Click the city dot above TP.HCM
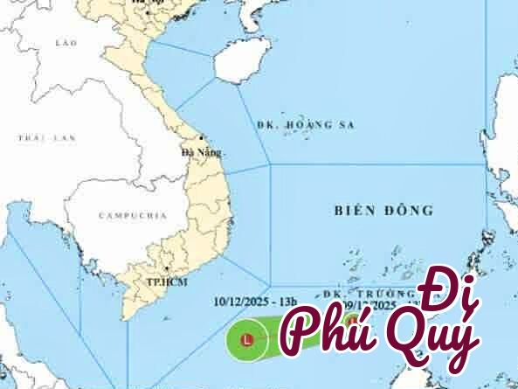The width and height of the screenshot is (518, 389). [166, 268]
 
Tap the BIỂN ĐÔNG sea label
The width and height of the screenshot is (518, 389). [383, 211]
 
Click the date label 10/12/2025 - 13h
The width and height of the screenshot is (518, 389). [252, 302]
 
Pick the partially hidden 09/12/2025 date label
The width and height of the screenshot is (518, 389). [368, 305]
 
